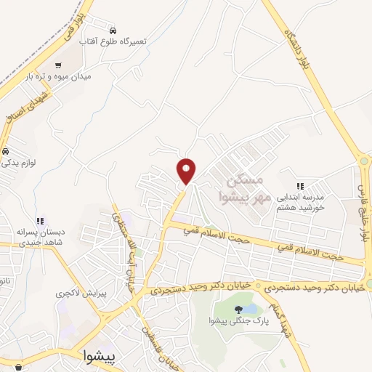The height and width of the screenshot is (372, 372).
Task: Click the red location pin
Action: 187,170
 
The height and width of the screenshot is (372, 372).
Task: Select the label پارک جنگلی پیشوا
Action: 237,320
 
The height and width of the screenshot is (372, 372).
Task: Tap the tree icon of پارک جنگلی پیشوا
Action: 238,309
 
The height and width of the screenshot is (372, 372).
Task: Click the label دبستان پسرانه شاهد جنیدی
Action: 41,237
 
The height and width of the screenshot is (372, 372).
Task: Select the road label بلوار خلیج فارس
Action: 361,211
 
